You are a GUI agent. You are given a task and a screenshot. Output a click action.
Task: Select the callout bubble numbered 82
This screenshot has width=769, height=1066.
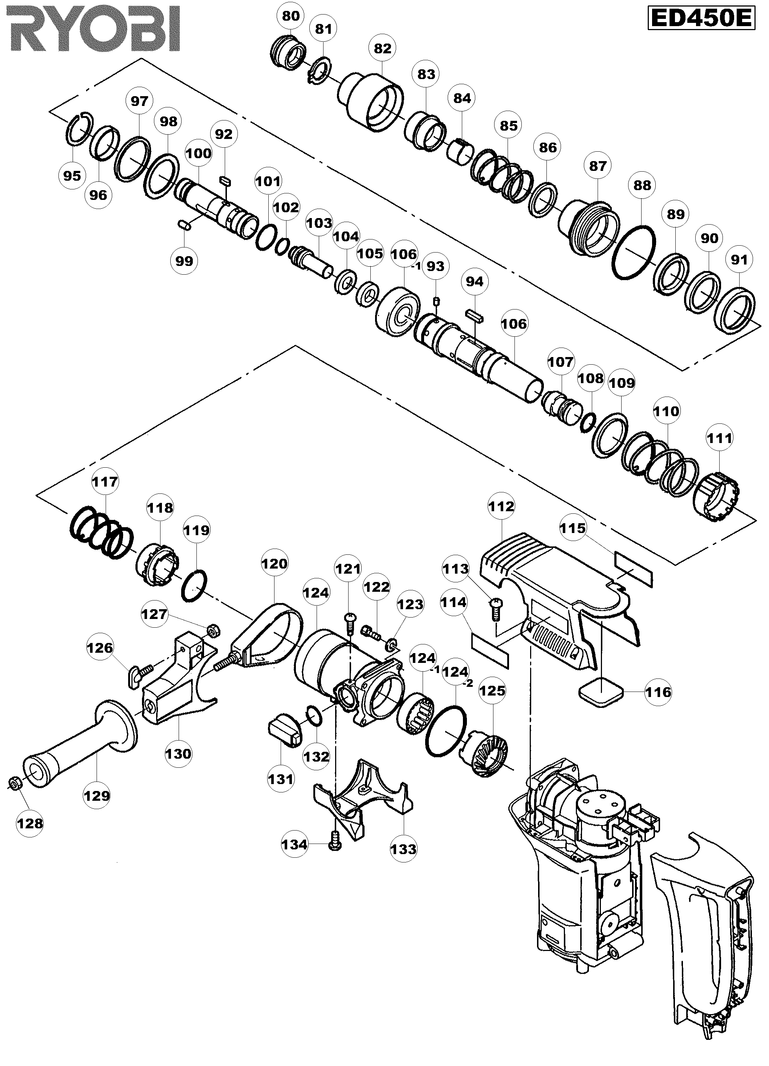tap(382, 48)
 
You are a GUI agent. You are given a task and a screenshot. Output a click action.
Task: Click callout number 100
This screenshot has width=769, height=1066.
tap(199, 153)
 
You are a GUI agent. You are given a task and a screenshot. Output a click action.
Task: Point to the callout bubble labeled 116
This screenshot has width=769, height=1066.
tap(658, 692)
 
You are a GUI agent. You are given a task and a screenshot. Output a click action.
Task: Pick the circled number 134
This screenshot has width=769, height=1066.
tap(294, 844)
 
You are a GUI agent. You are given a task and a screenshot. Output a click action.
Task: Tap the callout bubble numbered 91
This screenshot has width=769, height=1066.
tap(739, 259)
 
